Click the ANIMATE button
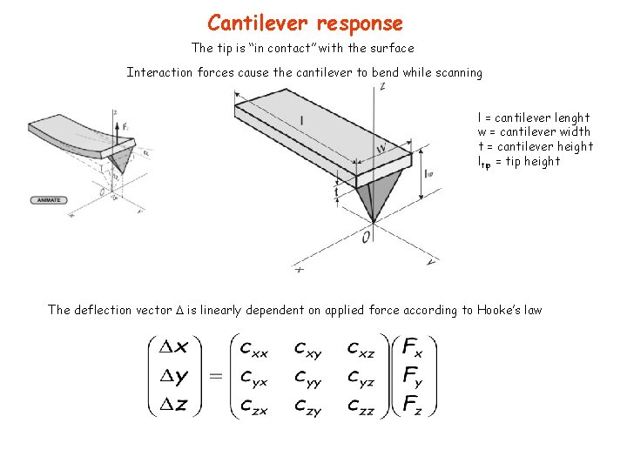point(47,199)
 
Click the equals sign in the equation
point(216,376)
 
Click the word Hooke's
point(496,310)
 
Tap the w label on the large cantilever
point(381,148)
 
